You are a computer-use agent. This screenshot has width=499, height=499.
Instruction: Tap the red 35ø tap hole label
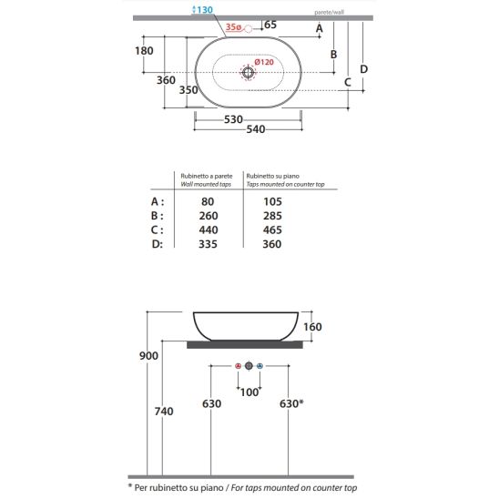coord(233,27)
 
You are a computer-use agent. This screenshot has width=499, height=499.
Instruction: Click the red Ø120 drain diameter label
coord(264,62)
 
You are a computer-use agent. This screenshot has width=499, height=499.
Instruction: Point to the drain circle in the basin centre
coord(248,72)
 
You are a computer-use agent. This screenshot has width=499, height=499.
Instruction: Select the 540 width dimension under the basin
coord(256,129)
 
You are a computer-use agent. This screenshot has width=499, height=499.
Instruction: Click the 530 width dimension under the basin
coord(233,119)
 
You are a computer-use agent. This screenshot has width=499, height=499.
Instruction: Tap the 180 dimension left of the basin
coord(144,51)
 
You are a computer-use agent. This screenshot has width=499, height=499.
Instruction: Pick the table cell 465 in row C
coord(272,229)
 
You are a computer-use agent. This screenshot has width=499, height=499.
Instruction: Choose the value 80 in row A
coord(208,201)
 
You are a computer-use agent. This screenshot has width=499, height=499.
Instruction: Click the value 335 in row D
coord(208,244)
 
